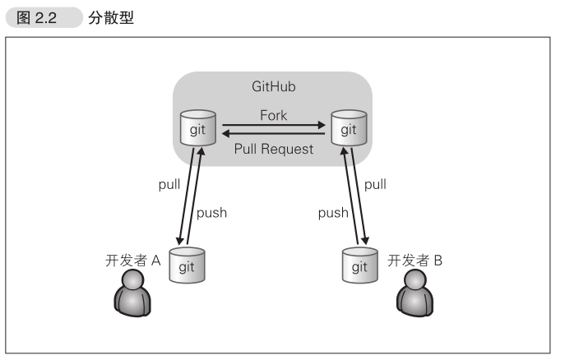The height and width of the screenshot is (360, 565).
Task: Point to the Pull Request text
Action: pyautogui.click(x=273, y=149)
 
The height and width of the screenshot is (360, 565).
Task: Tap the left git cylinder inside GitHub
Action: pyautogui.click(x=198, y=129)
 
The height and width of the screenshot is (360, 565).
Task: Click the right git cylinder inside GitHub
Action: pyautogui.click(x=348, y=129)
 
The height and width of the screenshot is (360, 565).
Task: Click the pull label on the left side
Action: pyautogui.click(x=169, y=184)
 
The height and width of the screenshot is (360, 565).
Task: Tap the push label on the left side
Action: pyautogui.click(x=211, y=212)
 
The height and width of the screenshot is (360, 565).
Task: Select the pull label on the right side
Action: pyautogui.click(x=375, y=184)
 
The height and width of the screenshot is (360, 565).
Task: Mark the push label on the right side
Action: pyautogui.click(x=333, y=212)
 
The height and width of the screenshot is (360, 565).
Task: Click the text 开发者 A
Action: pyautogui.click(x=132, y=261)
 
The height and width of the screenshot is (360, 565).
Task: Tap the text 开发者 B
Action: pyautogui.click(x=415, y=261)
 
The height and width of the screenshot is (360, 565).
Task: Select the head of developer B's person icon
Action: pyautogui.click(x=414, y=281)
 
